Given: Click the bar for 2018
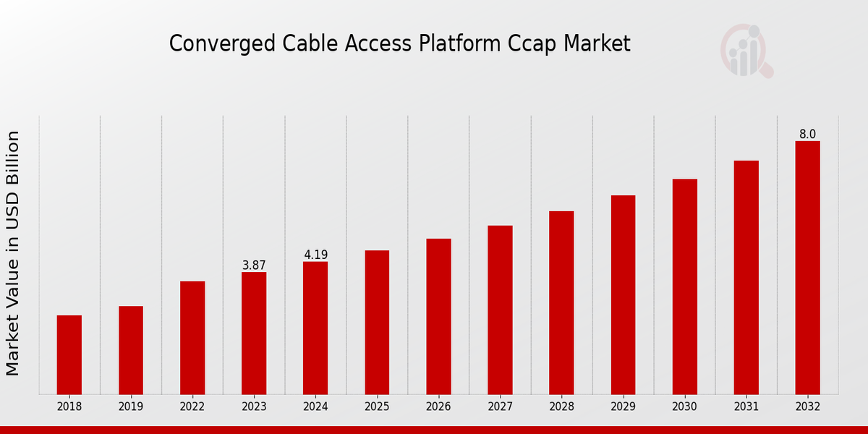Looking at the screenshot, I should pos(69,354).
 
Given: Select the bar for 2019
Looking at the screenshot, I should pos(131,350).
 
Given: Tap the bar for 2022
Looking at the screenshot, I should pos(192,338).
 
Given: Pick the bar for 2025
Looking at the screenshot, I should pos(377,322).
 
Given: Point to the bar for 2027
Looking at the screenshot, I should pos(500,310).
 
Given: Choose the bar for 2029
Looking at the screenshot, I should pos(623,294).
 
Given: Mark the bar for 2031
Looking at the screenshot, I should pos(746,277).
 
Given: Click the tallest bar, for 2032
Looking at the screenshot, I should pos(807,268).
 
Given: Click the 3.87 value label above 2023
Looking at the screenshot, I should pos(254,265).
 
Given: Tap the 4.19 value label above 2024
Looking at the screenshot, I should pos(315,255).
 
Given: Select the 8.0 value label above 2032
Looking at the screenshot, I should pos(807,135).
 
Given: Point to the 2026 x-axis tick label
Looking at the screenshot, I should pos(438,407).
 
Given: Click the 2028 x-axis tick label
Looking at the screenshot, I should pos(561,407).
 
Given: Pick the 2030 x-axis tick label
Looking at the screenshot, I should pos(684,407).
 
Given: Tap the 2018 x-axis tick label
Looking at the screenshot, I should pos(69,407).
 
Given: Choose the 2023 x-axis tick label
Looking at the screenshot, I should pos(254,407).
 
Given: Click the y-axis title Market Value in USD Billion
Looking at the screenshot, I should pos(13,253).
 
